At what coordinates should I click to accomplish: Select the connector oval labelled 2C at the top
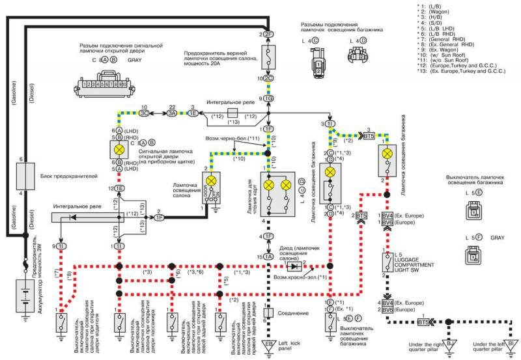click(x=268, y=78)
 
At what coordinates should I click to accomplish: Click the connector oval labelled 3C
click(x=145, y=113)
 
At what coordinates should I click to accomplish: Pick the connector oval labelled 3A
click(x=173, y=113)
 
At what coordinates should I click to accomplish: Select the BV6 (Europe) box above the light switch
click(x=387, y=221)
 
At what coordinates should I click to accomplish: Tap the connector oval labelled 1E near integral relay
click(x=120, y=187)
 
